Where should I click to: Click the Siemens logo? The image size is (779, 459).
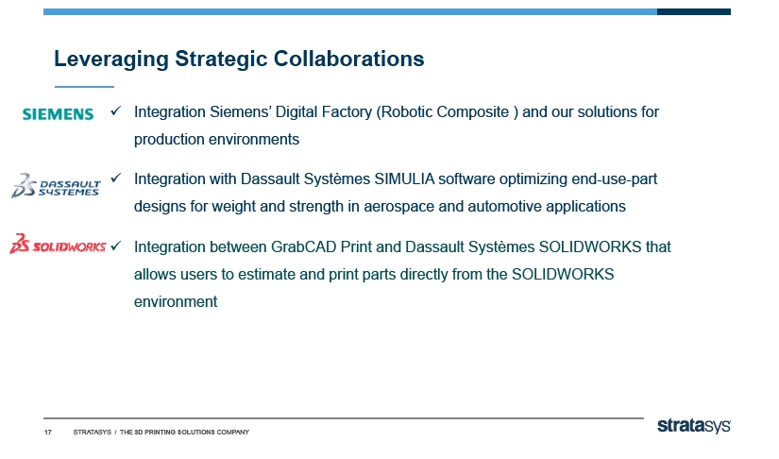58,114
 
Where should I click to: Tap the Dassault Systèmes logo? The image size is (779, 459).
56,185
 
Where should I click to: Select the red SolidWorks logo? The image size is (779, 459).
58,244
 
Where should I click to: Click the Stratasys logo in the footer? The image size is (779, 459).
694,426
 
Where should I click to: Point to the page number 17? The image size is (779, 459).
48,433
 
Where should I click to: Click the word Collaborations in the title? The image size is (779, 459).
348,59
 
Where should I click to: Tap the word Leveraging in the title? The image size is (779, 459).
111,59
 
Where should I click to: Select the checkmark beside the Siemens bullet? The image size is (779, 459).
116,110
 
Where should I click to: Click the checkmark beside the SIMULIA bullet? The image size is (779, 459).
116,178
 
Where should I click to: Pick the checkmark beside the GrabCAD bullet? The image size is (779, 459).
116,246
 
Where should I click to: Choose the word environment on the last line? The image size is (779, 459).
176,301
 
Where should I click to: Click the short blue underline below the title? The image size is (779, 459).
84,87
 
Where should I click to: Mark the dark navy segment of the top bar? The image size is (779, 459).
694,12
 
